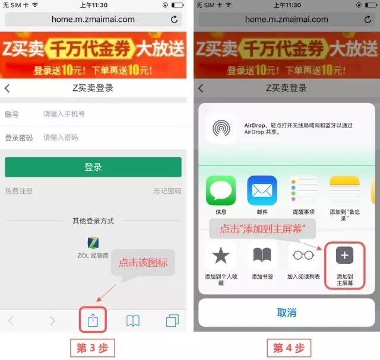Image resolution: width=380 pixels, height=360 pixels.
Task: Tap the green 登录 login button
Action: (93, 167)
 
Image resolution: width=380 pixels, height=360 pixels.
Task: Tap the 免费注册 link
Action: (19, 191)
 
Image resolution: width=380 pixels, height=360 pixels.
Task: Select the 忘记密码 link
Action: (167, 191)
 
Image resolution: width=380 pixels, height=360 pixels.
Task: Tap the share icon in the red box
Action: (93, 320)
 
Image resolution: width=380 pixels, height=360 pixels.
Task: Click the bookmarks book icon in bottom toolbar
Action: (133, 321)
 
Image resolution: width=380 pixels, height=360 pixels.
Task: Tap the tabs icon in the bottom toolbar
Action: (172, 321)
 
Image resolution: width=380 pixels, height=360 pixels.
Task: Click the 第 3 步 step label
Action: (93, 348)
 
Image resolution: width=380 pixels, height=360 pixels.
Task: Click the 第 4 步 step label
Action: (289, 348)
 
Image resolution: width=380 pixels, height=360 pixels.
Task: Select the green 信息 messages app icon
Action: (221, 191)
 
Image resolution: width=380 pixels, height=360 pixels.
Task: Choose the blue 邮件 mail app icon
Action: (262, 191)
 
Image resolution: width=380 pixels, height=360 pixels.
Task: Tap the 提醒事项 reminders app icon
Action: (303, 191)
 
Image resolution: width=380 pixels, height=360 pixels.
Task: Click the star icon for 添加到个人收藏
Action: (221, 255)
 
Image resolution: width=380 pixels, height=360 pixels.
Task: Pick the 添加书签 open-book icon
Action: (262, 255)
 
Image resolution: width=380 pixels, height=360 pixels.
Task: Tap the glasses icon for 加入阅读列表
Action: (303, 255)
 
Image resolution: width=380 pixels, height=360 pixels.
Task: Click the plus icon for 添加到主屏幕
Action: (344, 255)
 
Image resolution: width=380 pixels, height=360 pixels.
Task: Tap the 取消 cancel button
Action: (287, 312)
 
